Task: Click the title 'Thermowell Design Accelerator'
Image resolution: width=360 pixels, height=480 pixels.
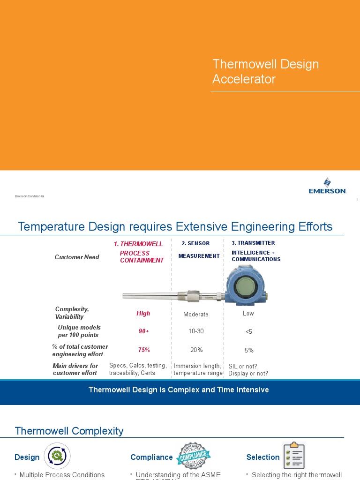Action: tap(265, 71)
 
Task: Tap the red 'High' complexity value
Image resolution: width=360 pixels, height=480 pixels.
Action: tap(143, 314)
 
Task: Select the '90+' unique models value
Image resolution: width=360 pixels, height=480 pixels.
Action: tap(143, 331)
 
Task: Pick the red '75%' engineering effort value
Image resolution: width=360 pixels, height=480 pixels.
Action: tap(144, 350)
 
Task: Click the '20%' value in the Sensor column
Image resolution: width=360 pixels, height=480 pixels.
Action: tap(196, 350)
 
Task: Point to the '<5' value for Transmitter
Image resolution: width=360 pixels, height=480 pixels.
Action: tap(248, 331)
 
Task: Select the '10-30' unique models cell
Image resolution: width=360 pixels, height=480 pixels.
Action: tap(196, 331)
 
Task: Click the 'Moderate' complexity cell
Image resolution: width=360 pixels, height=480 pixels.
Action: tap(196, 314)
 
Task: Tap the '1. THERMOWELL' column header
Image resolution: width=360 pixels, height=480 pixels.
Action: tap(138, 244)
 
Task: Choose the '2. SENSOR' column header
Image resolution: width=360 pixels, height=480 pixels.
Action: tap(196, 244)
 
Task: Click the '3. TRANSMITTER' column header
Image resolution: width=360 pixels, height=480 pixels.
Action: tap(253, 243)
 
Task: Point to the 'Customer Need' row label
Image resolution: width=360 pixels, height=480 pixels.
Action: tap(77, 257)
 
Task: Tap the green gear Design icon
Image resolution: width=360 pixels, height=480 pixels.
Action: tap(57, 456)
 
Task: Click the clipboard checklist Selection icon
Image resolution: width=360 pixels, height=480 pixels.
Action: tap(294, 456)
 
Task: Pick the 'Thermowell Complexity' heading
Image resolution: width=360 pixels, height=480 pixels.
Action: tap(69, 431)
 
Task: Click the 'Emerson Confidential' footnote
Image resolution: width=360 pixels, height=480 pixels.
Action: tap(30, 196)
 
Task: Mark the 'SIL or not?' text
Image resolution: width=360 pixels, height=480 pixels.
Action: tap(243, 366)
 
